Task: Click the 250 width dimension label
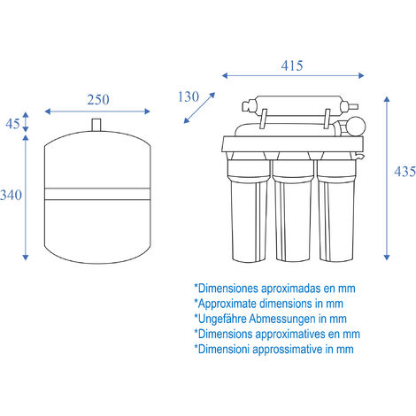pyautogui.click(x=98, y=100)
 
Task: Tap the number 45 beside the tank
pyautogui.click(x=12, y=124)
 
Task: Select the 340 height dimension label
pyautogui.click(x=11, y=196)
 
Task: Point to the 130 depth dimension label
pyautogui.click(x=189, y=96)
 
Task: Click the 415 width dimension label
pyautogui.click(x=292, y=65)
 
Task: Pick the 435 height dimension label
pyautogui.click(x=404, y=172)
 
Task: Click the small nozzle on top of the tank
pyautogui.click(x=96, y=125)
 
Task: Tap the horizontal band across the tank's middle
pyautogui.click(x=97, y=194)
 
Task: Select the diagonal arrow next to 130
pyautogui.click(x=199, y=108)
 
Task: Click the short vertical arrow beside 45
pyautogui.click(x=26, y=122)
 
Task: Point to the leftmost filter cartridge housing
pyautogui.click(x=249, y=207)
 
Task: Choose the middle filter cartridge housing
pyautogui.click(x=293, y=207)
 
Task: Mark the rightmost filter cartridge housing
pyautogui.click(x=336, y=207)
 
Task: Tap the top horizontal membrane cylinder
pyautogui.click(x=299, y=105)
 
